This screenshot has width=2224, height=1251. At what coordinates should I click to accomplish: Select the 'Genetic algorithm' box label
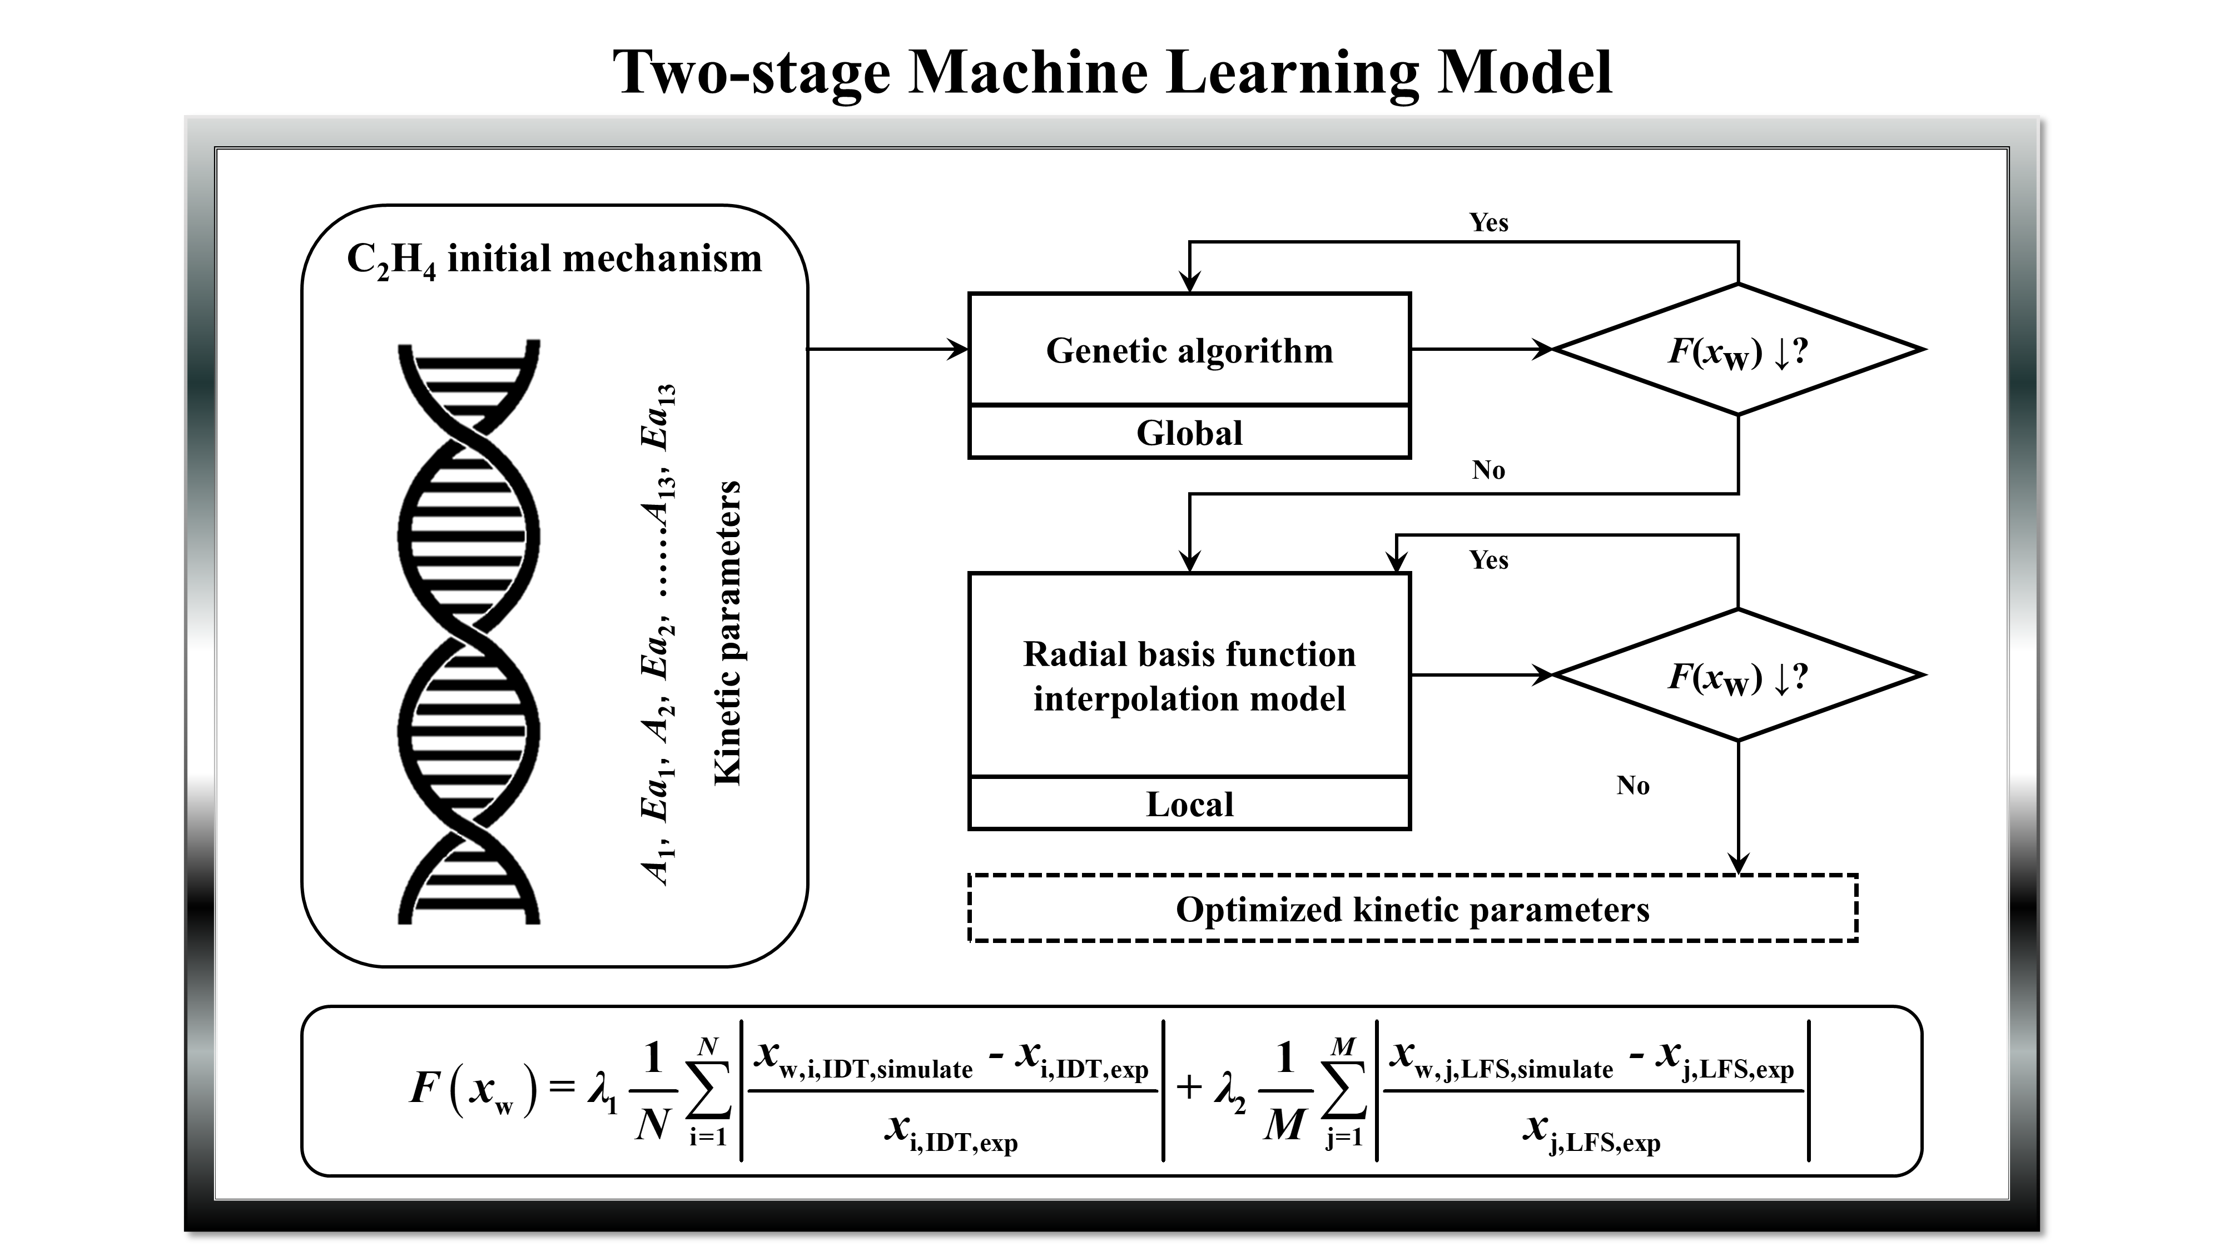pyautogui.click(x=1189, y=350)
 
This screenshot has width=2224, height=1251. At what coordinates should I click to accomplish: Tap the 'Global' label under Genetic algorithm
pyautogui.click(x=1189, y=433)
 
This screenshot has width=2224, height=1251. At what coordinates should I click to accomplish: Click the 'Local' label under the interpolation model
pyautogui.click(x=1189, y=805)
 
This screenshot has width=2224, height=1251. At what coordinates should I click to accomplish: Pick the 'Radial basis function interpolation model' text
pyautogui.click(x=1189, y=676)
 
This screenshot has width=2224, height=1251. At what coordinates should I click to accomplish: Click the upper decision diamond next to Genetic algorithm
pyautogui.click(x=1737, y=350)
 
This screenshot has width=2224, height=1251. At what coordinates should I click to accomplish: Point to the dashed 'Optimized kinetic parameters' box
pyautogui.click(x=1412, y=909)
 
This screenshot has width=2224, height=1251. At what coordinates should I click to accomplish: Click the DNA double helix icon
pyautogui.click(x=469, y=633)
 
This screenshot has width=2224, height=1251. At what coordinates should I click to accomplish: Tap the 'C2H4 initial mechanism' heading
pyautogui.click(x=554, y=259)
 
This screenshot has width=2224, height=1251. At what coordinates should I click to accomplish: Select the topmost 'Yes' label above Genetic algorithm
pyautogui.click(x=1488, y=223)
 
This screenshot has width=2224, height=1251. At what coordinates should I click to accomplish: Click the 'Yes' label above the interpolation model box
pyautogui.click(x=1488, y=560)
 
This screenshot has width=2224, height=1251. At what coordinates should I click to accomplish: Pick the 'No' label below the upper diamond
pyautogui.click(x=1488, y=470)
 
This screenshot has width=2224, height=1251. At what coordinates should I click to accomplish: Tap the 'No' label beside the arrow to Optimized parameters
pyautogui.click(x=1632, y=786)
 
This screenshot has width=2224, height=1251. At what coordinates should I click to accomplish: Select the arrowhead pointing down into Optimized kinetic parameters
pyautogui.click(x=1738, y=863)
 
